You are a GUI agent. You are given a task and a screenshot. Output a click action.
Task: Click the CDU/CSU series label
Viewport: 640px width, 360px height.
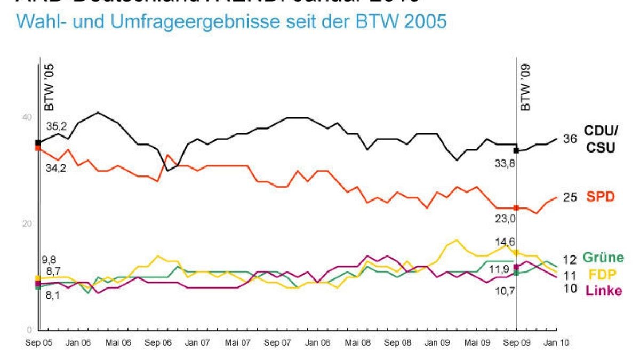pos(602,138)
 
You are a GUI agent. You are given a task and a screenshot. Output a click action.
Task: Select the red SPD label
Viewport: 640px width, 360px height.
pos(601,197)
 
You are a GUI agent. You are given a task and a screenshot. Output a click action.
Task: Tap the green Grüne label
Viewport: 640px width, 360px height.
pos(603,258)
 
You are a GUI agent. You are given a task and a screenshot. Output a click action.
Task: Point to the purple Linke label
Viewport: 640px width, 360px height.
pos(603,291)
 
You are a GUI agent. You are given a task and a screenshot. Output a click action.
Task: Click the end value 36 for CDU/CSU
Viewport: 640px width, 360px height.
pos(570,139)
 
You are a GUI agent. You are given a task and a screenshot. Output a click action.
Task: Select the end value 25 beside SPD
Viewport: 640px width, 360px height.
pos(570,197)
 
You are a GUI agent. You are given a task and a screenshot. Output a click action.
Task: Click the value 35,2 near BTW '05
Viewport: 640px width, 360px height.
pos(57,127)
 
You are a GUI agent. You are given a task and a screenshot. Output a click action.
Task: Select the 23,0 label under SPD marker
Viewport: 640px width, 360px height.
pos(505,219)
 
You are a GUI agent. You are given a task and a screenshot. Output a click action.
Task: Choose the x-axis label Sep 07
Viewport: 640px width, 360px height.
pos(277,343)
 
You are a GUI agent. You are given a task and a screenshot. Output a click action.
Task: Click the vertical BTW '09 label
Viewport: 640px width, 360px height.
pos(526,89)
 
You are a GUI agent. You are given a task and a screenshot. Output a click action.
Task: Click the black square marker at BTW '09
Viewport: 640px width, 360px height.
pos(516,150)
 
